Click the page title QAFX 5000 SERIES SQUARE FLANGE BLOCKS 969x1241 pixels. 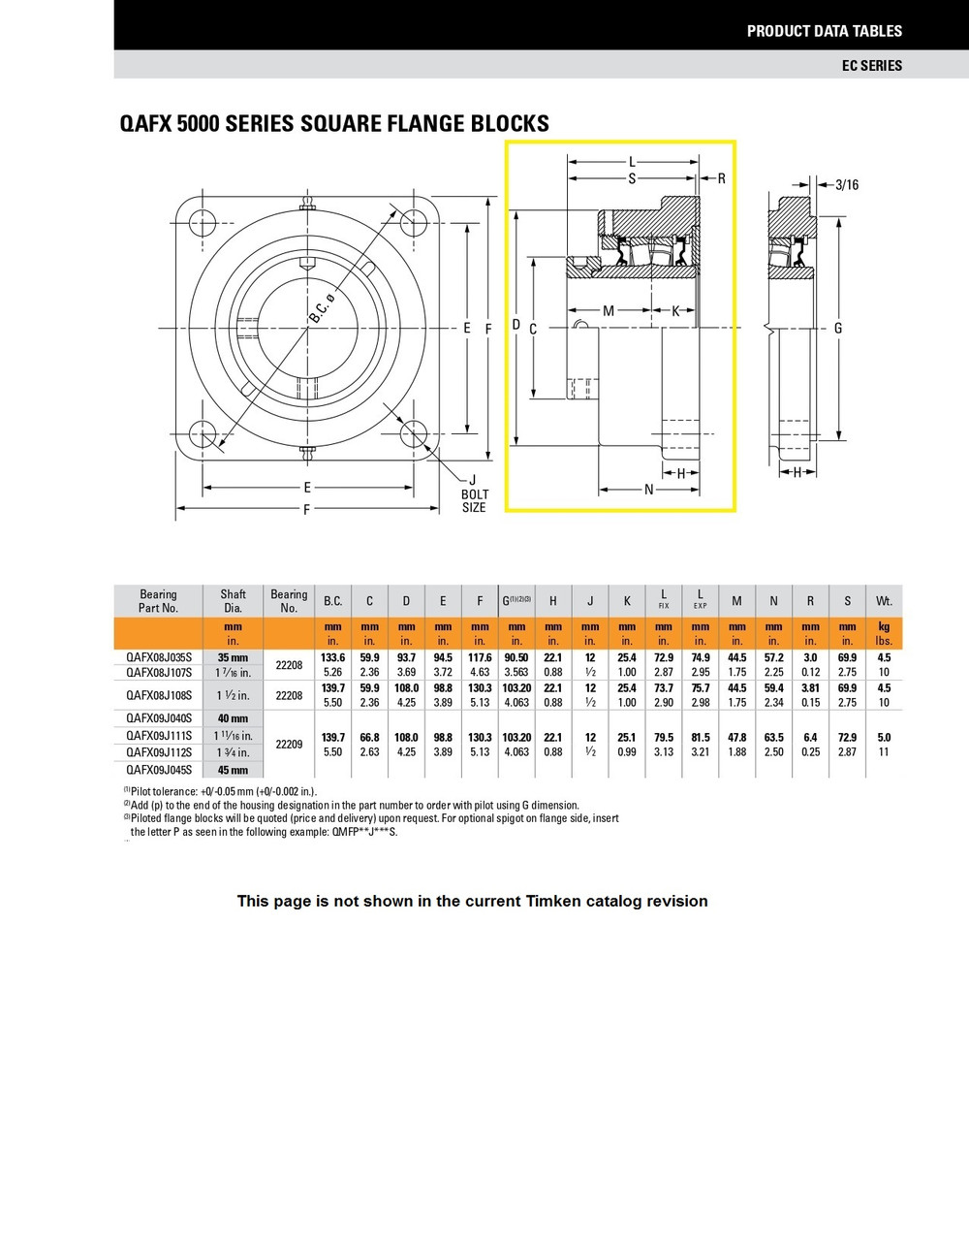(333, 123)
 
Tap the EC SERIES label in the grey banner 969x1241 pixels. (871, 65)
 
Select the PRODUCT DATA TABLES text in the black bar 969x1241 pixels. (824, 31)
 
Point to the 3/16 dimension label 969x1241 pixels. (847, 184)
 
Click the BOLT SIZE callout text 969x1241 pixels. (474, 500)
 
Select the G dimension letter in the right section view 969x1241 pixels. (838, 328)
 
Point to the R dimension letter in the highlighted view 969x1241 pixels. (721, 178)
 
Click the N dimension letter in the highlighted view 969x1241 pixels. (649, 489)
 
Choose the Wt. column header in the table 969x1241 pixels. (884, 601)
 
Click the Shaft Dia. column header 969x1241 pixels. (233, 601)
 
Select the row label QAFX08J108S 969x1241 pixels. (159, 695)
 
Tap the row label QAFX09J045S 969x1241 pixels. (159, 770)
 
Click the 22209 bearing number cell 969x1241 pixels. (289, 744)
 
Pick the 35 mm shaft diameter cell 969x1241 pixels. (233, 657)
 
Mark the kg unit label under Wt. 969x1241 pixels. (884, 626)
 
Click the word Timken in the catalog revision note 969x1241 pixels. (553, 901)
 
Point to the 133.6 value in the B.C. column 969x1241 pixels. (332, 657)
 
